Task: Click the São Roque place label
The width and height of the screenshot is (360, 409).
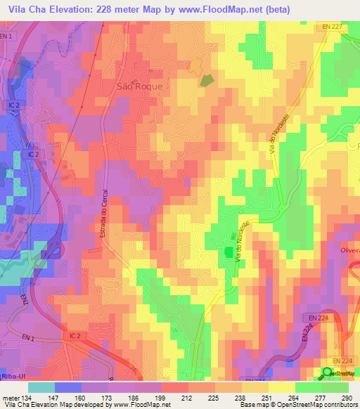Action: (138, 86)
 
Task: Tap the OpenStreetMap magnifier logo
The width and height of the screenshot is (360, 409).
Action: (328, 373)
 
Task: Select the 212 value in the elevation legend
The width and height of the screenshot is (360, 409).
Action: (186, 397)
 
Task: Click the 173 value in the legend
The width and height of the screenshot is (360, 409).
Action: (106, 397)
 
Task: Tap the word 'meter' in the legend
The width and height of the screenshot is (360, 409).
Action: (9, 397)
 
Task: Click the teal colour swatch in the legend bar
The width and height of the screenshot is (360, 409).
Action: (41, 387)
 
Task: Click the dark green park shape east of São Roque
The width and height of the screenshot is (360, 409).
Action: (206, 81)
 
